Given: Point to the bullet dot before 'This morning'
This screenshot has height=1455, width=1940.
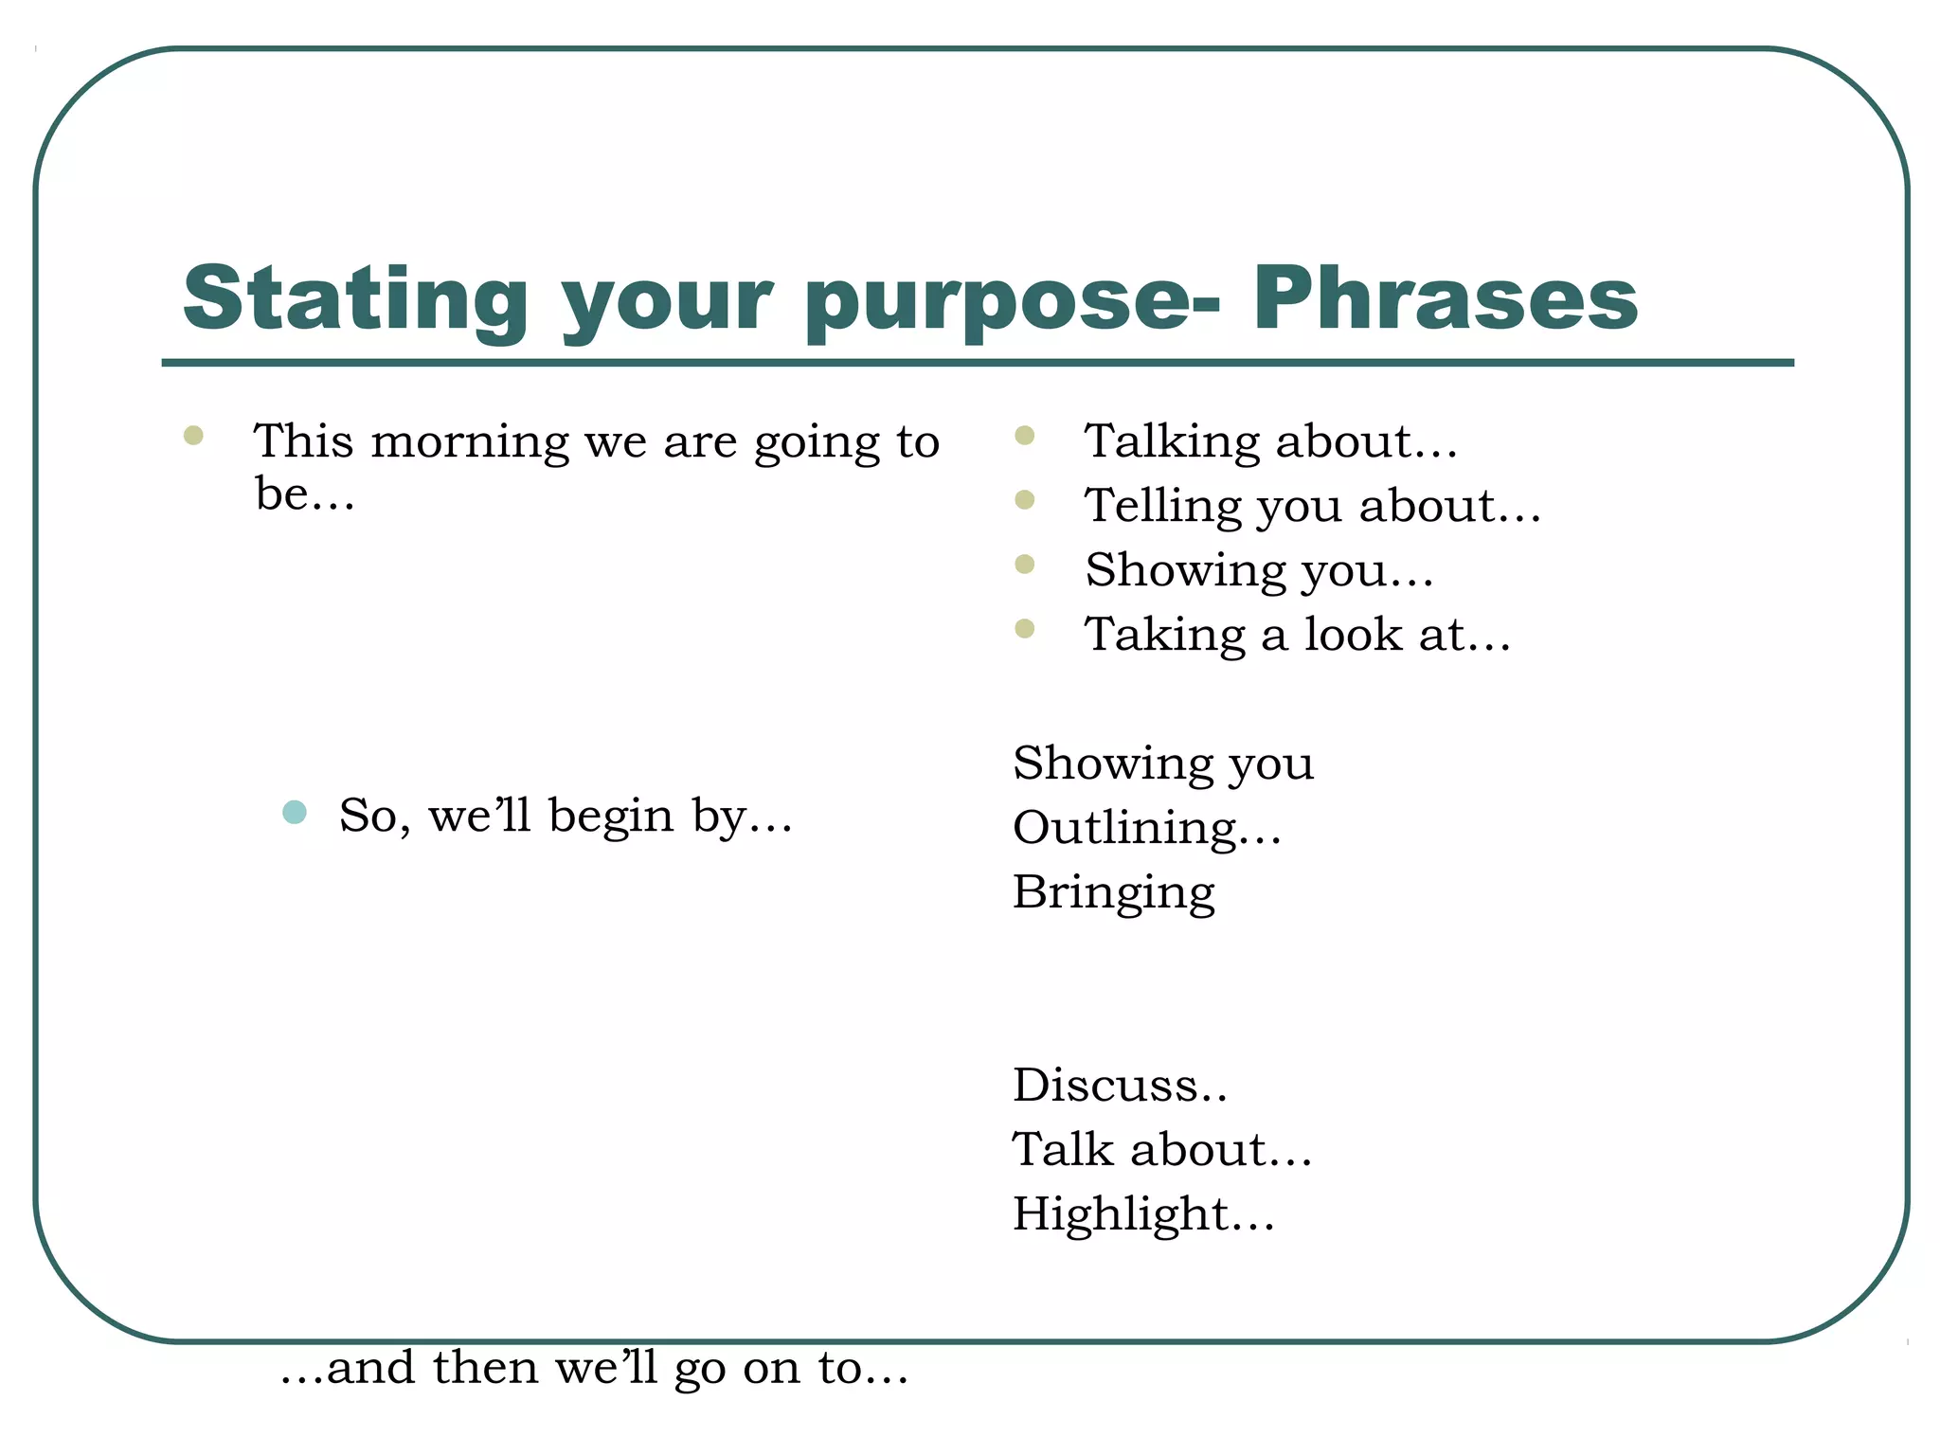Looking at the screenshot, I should (193, 436).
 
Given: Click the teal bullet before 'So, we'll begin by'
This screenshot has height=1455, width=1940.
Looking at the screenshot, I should (295, 812).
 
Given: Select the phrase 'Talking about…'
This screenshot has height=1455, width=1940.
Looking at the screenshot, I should (1270, 441).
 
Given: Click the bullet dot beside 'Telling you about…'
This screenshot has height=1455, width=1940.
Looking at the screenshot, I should (1024, 499).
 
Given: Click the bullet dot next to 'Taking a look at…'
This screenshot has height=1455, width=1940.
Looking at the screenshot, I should (1024, 629).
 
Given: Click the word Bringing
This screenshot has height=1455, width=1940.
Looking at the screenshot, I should (1113, 892).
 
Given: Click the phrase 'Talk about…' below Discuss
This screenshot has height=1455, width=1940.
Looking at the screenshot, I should (1161, 1150).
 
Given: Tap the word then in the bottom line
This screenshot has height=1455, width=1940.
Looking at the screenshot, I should (486, 1368).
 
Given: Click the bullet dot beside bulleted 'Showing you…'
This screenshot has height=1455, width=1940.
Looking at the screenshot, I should (1024, 565).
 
